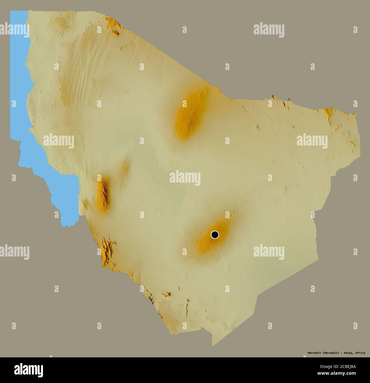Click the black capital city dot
(x=215, y=235)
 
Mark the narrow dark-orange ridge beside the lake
(x=103, y=194)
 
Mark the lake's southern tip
(x=68, y=225)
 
